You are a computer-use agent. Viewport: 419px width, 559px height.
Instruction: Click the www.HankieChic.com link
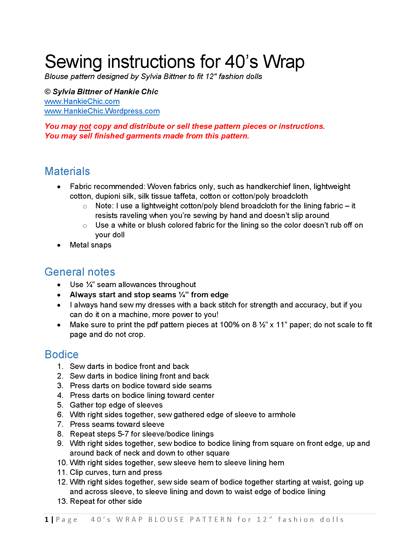[82, 101]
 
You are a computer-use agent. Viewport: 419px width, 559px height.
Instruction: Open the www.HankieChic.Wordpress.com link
[102, 111]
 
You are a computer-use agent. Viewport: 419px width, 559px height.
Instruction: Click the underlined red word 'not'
[85, 126]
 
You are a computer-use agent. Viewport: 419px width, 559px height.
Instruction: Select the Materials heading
[67, 171]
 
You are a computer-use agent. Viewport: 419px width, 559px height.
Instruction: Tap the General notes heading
[80, 272]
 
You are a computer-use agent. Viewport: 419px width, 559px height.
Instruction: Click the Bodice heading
[61, 354]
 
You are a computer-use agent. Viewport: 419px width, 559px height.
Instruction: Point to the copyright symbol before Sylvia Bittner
[47, 92]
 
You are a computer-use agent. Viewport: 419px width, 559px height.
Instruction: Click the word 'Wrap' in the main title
[283, 62]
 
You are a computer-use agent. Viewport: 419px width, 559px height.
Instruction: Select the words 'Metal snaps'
[90, 245]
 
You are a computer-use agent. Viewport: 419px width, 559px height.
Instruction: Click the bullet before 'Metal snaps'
[59, 245]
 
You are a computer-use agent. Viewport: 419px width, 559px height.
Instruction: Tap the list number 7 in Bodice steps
[60, 424]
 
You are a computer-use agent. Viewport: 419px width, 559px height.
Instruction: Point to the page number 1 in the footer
[46, 520]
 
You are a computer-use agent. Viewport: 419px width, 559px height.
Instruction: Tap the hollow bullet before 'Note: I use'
[85, 207]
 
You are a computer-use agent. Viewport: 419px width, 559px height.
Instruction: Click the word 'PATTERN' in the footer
[211, 520]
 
